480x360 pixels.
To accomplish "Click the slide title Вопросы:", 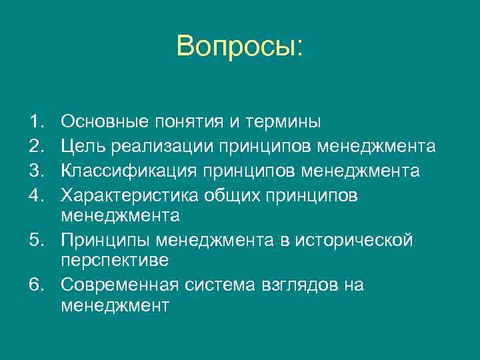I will pos(240,46).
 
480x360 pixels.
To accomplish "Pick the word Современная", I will pos(119,285).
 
